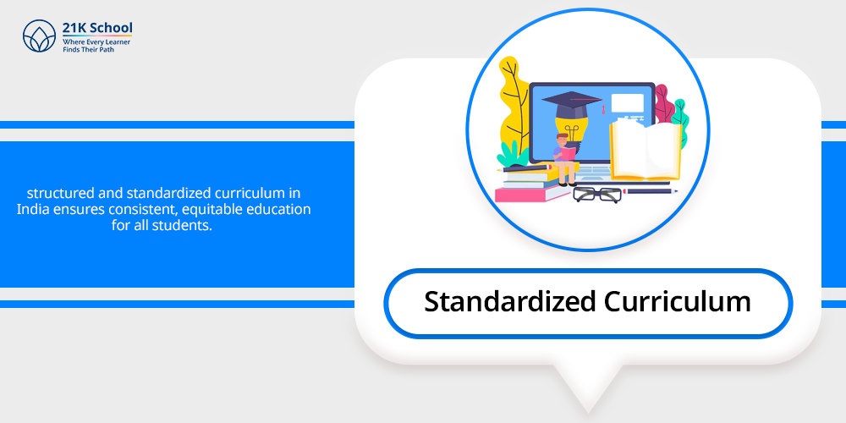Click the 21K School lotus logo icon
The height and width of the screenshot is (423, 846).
[40, 36]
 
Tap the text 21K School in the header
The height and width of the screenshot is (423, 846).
[97, 28]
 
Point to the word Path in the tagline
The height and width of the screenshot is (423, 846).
[107, 50]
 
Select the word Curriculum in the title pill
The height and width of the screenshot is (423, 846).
[677, 301]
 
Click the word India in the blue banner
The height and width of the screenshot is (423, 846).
[31, 209]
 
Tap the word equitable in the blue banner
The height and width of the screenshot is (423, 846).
[212, 209]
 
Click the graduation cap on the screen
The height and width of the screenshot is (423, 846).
[572, 103]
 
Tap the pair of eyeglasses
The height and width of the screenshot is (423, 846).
[597, 195]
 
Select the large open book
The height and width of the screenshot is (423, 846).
[645, 151]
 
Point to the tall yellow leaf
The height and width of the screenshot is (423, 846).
[514, 108]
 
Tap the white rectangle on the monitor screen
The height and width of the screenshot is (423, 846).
[627, 102]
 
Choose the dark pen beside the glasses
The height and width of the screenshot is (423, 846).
[651, 191]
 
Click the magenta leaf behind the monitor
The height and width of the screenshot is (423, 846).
[662, 103]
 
